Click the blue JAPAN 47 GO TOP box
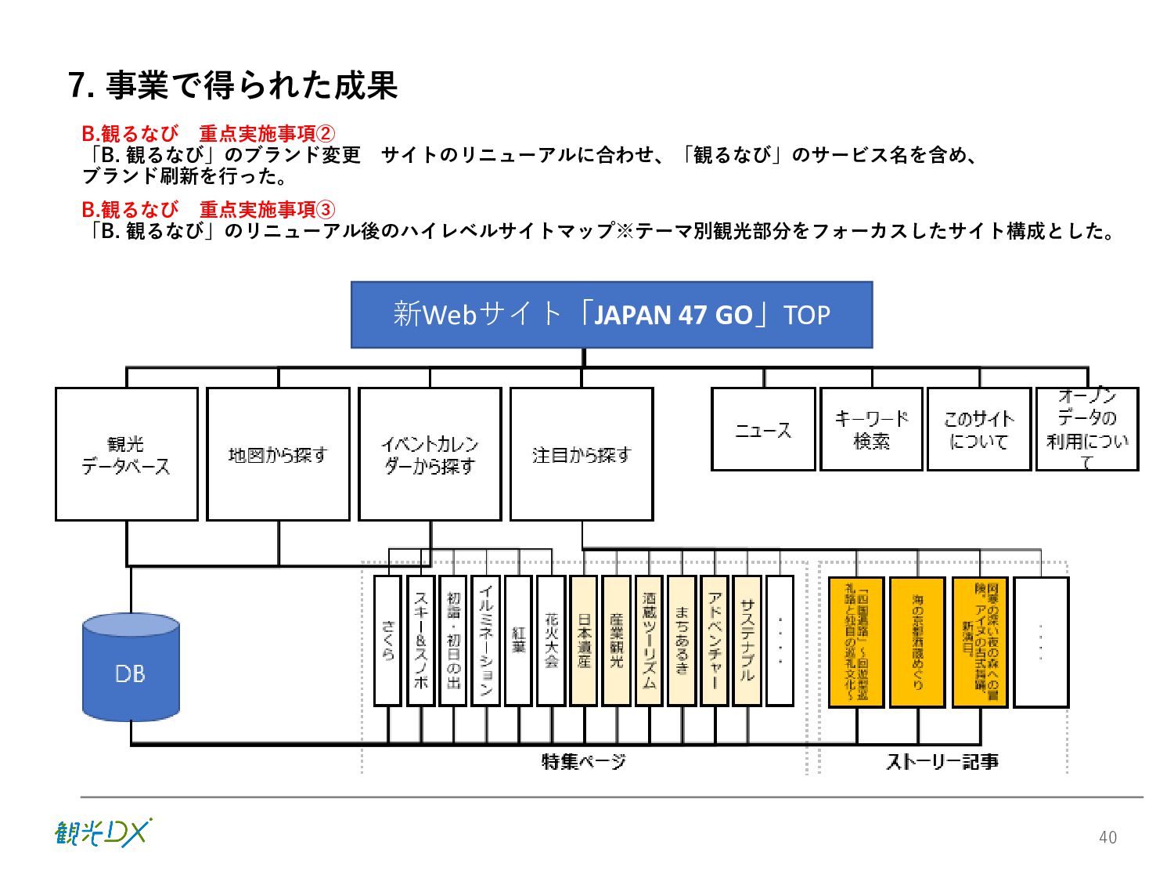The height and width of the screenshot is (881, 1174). (x=611, y=315)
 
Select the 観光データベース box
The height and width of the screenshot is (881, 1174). (x=127, y=454)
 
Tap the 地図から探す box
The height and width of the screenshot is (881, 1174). (x=278, y=454)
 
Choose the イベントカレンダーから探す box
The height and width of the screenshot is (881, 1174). (x=430, y=454)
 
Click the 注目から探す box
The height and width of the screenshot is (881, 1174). (x=582, y=454)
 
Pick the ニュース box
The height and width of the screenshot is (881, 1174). (x=763, y=429)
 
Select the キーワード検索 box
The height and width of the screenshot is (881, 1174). (x=871, y=429)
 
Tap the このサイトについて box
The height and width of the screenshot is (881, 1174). (x=978, y=429)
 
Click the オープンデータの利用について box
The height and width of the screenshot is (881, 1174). (x=1087, y=429)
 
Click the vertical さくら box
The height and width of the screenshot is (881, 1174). (x=387, y=641)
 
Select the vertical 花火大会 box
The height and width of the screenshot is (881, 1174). (x=551, y=641)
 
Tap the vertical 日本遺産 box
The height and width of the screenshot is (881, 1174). (x=584, y=641)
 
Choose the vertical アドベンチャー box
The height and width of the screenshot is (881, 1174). (x=715, y=641)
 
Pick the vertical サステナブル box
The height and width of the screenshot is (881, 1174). (x=747, y=641)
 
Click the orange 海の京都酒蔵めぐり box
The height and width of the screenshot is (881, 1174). (x=917, y=642)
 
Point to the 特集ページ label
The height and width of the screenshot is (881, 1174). (x=583, y=761)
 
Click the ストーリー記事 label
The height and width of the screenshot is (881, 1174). (x=942, y=761)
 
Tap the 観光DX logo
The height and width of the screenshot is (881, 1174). (x=103, y=833)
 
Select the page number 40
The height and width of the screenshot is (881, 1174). (x=1107, y=837)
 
